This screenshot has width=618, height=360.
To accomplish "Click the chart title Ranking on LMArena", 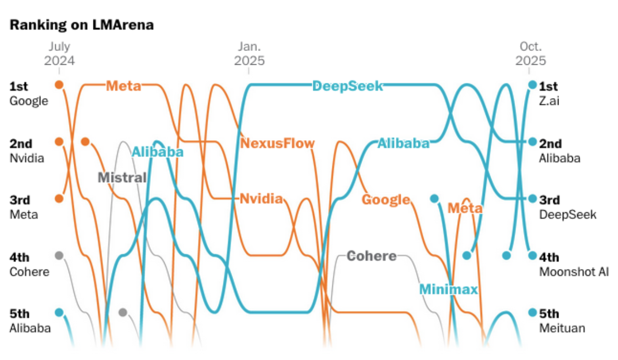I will pyautogui.click(x=82, y=25).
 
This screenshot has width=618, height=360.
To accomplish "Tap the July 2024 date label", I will pyautogui.click(x=59, y=54).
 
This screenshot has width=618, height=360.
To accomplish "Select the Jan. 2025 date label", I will pyautogui.click(x=249, y=54).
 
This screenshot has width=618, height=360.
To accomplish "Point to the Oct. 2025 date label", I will pyautogui.click(x=531, y=54).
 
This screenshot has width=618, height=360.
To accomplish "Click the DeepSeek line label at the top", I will pyautogui.click(x=347, y=86).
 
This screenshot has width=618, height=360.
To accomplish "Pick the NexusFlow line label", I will pyautogui.click(x=277, y=143).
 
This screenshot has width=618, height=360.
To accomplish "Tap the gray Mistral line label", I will pyautogui.click(x=122, y=177).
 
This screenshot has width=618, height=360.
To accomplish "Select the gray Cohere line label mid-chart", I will pyautogui.click(x=371, y=256).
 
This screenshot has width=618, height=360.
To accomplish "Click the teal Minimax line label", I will pyautogui.click(x=448, y=289).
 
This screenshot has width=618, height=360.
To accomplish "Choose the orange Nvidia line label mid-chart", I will pyautogui.click(x=261, y=199).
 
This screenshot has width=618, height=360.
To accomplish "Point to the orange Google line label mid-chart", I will pyautogui.click(x=386, y=200).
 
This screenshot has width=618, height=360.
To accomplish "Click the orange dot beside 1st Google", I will pyautogui.click(x=59, y=84).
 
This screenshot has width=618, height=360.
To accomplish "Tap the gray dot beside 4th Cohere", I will pyautogui.click(x=59, y=255).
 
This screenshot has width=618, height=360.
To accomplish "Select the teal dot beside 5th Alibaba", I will pyautogui.click(x=59, y=312).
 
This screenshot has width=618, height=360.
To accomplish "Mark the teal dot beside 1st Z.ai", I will pyautogui.click(x=532, y=84).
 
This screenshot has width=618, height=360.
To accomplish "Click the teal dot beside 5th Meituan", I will pyautogui.click(x=532, y=312).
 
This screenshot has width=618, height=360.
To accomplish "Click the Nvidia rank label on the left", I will pyautogui.click(x=27, y=158).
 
